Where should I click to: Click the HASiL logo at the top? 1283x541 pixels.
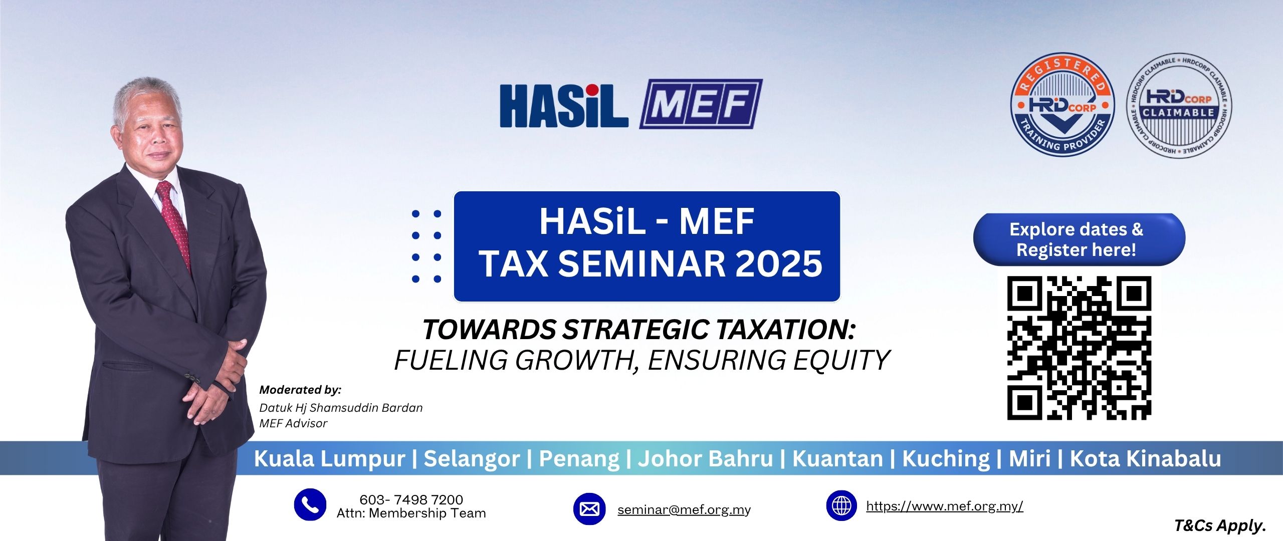coord(564,105)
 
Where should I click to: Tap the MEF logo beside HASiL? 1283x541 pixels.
coord(701,104)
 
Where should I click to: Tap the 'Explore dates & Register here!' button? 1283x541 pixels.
coord(1079,239)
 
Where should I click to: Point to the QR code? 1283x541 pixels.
coord(1079,348)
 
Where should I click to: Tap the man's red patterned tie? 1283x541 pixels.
coord(174,223)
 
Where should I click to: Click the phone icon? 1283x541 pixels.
coord(310,504)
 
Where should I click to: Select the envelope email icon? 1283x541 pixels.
coord(589,509)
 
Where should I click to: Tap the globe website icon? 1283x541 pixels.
coord(841,505)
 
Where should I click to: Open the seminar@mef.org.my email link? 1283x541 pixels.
coord(684,510)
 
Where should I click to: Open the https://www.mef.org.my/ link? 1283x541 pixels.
coord(945,506)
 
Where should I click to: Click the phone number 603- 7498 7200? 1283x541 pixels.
coord(411,499)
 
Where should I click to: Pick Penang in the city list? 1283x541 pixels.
coord(579,459)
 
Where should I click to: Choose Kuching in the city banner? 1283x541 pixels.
coord(946,459)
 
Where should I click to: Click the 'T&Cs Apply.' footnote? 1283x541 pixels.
coord(1220,525)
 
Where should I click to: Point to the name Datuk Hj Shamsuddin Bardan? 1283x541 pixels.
coord(341,408)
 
